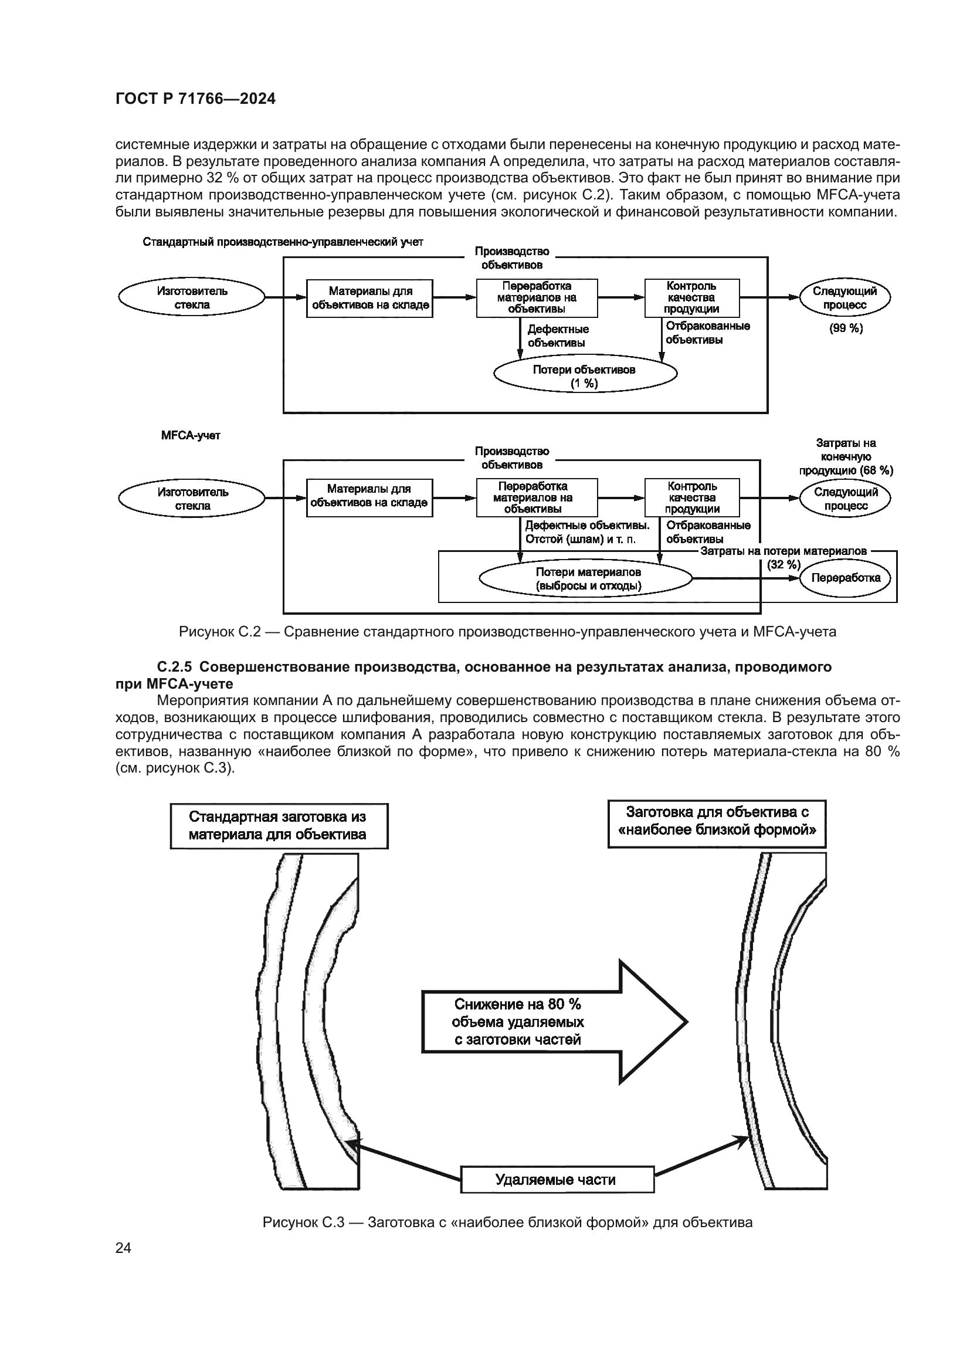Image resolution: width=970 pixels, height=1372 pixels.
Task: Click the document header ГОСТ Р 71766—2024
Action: pyautogui.click(x=195, y=99)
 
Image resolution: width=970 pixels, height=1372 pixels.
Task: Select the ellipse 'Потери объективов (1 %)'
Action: pyautogui.click(x=585, y=376)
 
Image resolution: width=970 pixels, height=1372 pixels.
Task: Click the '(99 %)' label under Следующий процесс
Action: pyautogui.click(x=846, y=328)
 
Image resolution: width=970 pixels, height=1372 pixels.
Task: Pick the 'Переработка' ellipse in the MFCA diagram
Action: pyautogui.click(x=846, y=578)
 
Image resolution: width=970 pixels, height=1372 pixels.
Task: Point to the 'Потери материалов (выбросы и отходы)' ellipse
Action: pyautogui.click(x=586, y=578)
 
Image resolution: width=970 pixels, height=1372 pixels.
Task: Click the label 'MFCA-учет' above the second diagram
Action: pyautogui.click(x=191, y=436)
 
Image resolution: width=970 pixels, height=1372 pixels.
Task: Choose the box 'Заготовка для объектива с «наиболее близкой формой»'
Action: pyautogui.click(x=717, y=824)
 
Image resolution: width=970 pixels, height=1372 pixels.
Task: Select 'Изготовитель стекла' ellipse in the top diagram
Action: pyautogui.click(x=192, y=297)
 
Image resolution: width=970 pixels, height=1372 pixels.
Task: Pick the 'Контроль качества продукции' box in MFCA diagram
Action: pyautogui.click(x=691, y=498)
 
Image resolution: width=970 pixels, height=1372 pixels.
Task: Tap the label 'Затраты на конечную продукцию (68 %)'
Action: pyautogui.click(x=846, y=456)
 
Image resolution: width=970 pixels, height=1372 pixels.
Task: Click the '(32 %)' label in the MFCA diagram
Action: pyautogui.click(x=783, y=564)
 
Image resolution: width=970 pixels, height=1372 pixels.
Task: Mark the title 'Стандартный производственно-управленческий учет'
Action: pyautogui.click(x=283, y=242)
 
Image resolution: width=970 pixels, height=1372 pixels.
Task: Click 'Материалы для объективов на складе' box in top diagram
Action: pyautogui.click(x=369, y=297)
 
